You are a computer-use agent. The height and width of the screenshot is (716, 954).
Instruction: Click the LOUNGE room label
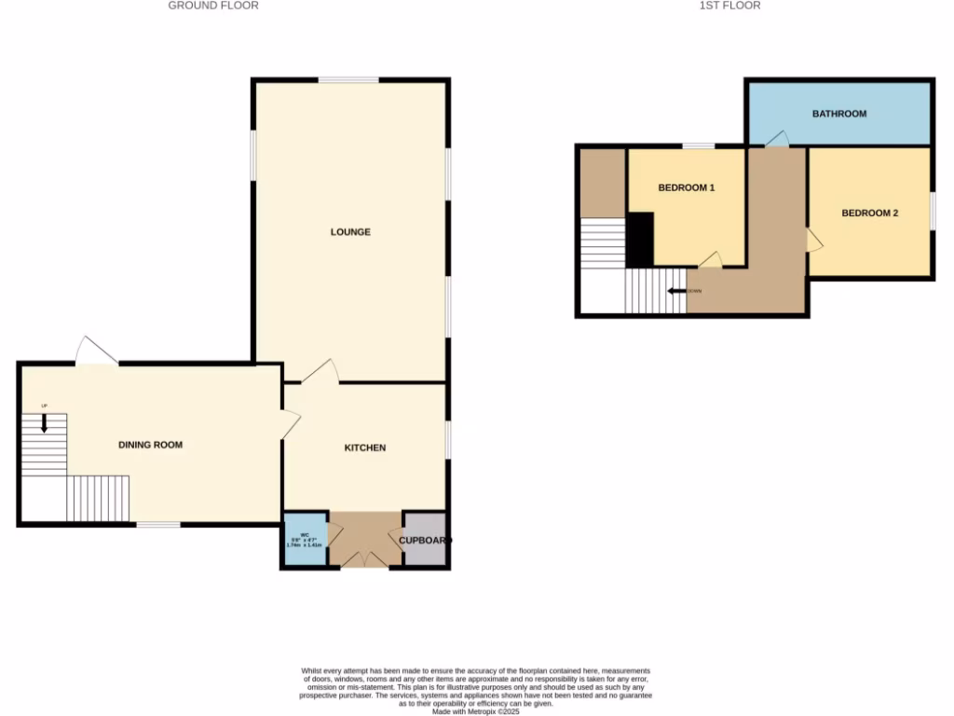350,231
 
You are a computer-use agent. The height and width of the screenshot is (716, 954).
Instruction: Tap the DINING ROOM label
150,445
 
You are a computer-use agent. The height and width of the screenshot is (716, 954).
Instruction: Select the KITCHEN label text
365,447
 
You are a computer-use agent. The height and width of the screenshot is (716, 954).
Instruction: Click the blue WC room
305,540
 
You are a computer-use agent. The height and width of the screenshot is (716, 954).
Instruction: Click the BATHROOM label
838,114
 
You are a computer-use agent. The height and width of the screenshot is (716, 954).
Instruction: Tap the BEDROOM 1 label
686,187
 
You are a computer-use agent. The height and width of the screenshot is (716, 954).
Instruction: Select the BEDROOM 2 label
869,213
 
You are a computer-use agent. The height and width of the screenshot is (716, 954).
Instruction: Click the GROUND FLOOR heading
213,6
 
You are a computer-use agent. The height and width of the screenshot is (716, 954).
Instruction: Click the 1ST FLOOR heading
729,6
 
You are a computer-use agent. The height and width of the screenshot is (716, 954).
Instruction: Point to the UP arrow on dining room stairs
44,421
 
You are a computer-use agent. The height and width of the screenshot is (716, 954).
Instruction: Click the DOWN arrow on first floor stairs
677,291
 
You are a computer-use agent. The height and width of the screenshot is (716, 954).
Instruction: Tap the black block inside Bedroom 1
639,239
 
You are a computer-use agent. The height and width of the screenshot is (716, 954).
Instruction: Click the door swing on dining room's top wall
96,351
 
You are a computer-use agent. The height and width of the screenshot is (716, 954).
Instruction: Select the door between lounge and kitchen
319,370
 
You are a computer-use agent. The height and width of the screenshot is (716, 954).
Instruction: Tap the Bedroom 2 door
814,241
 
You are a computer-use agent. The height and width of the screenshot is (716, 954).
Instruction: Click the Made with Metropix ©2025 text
475,709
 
